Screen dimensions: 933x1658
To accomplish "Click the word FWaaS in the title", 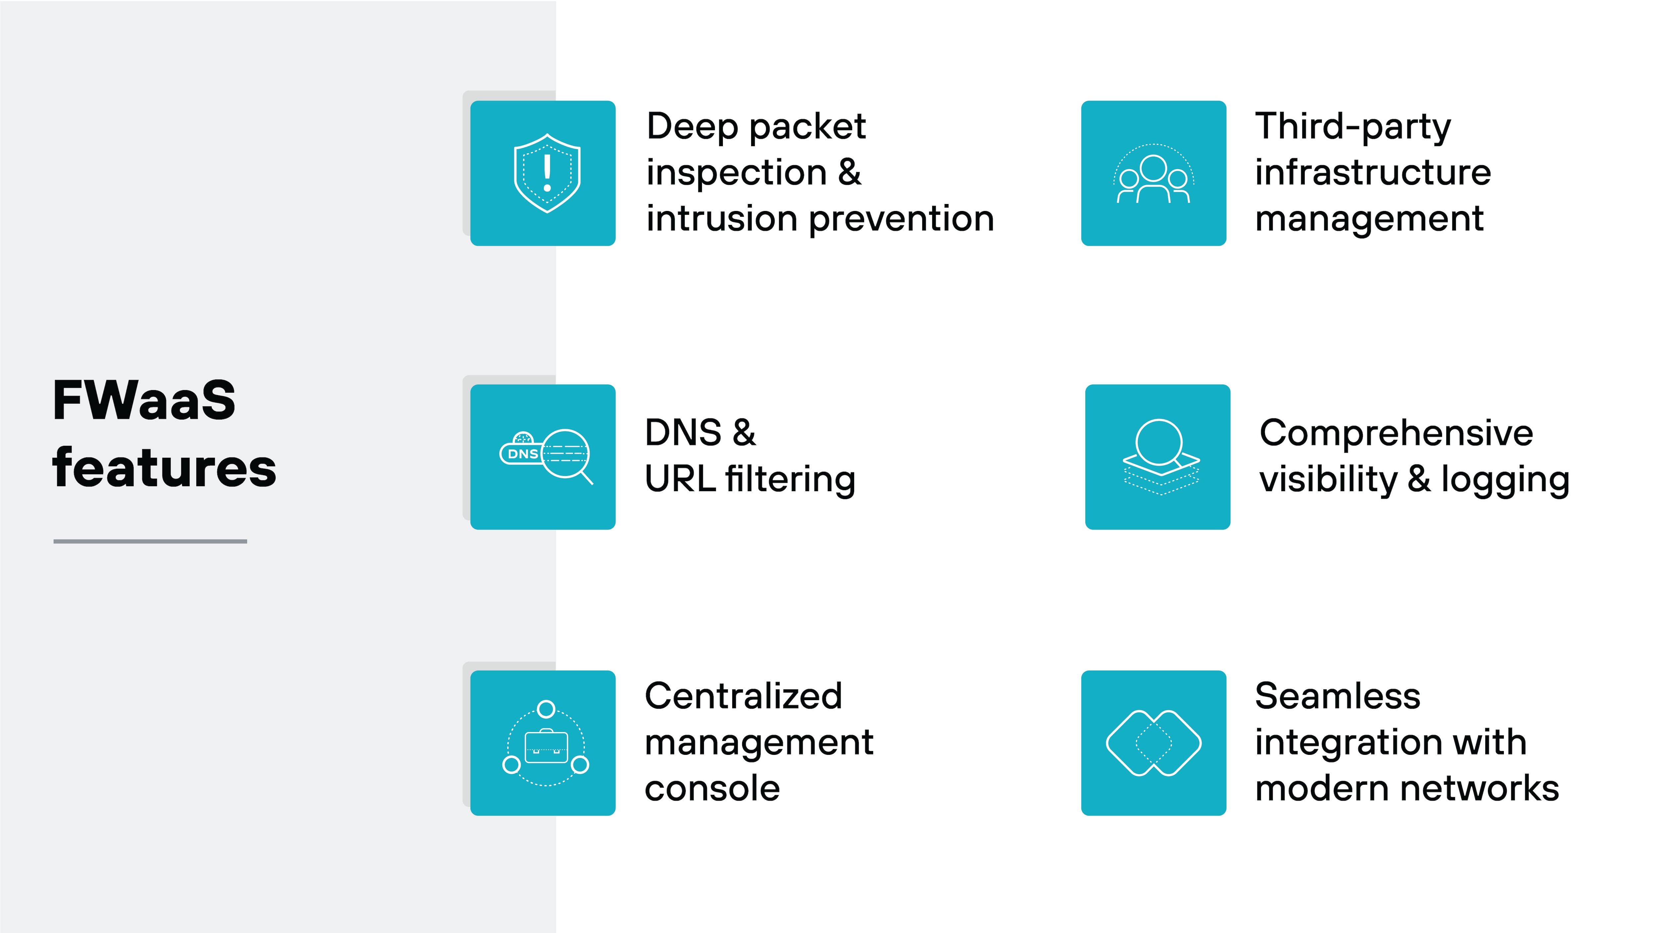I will [x=144, y=401].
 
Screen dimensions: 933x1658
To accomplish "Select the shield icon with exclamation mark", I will [x=546, y=173].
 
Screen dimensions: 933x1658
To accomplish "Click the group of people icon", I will [x=1153, y=175].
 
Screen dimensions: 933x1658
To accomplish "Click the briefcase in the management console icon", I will [x=546, y=747].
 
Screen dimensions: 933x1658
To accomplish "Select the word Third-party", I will [x=1353, y=126].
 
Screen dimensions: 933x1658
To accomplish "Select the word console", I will [x=712, y=789].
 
